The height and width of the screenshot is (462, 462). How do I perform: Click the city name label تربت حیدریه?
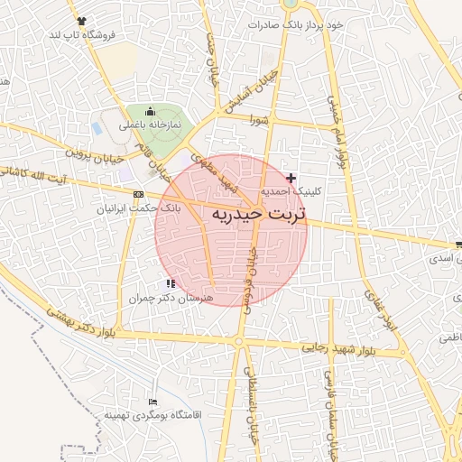pos(259,216)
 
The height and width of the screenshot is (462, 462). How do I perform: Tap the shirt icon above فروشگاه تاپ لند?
pos(83,20)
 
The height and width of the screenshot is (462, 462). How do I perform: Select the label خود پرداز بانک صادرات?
pos(298,25)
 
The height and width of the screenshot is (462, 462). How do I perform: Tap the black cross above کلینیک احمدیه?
pos(290,179)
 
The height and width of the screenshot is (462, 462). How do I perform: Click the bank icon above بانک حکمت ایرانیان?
pos(137,194)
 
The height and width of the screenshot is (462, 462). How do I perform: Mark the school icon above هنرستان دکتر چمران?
pos(171,283)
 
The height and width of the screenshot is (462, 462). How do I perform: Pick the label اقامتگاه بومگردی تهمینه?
pos(150,415)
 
